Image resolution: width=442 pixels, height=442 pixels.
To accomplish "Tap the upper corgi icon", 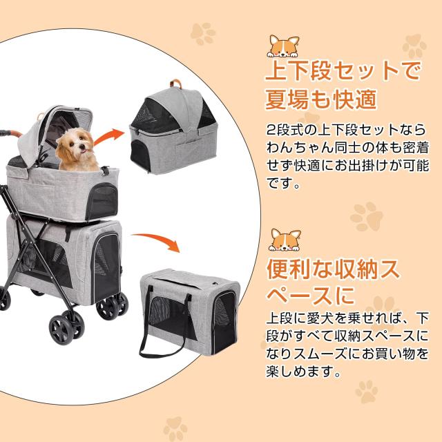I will coord(282,46).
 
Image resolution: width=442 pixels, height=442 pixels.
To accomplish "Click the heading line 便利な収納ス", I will coord(335,269).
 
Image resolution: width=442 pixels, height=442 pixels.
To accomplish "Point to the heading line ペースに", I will coord(310,295).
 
